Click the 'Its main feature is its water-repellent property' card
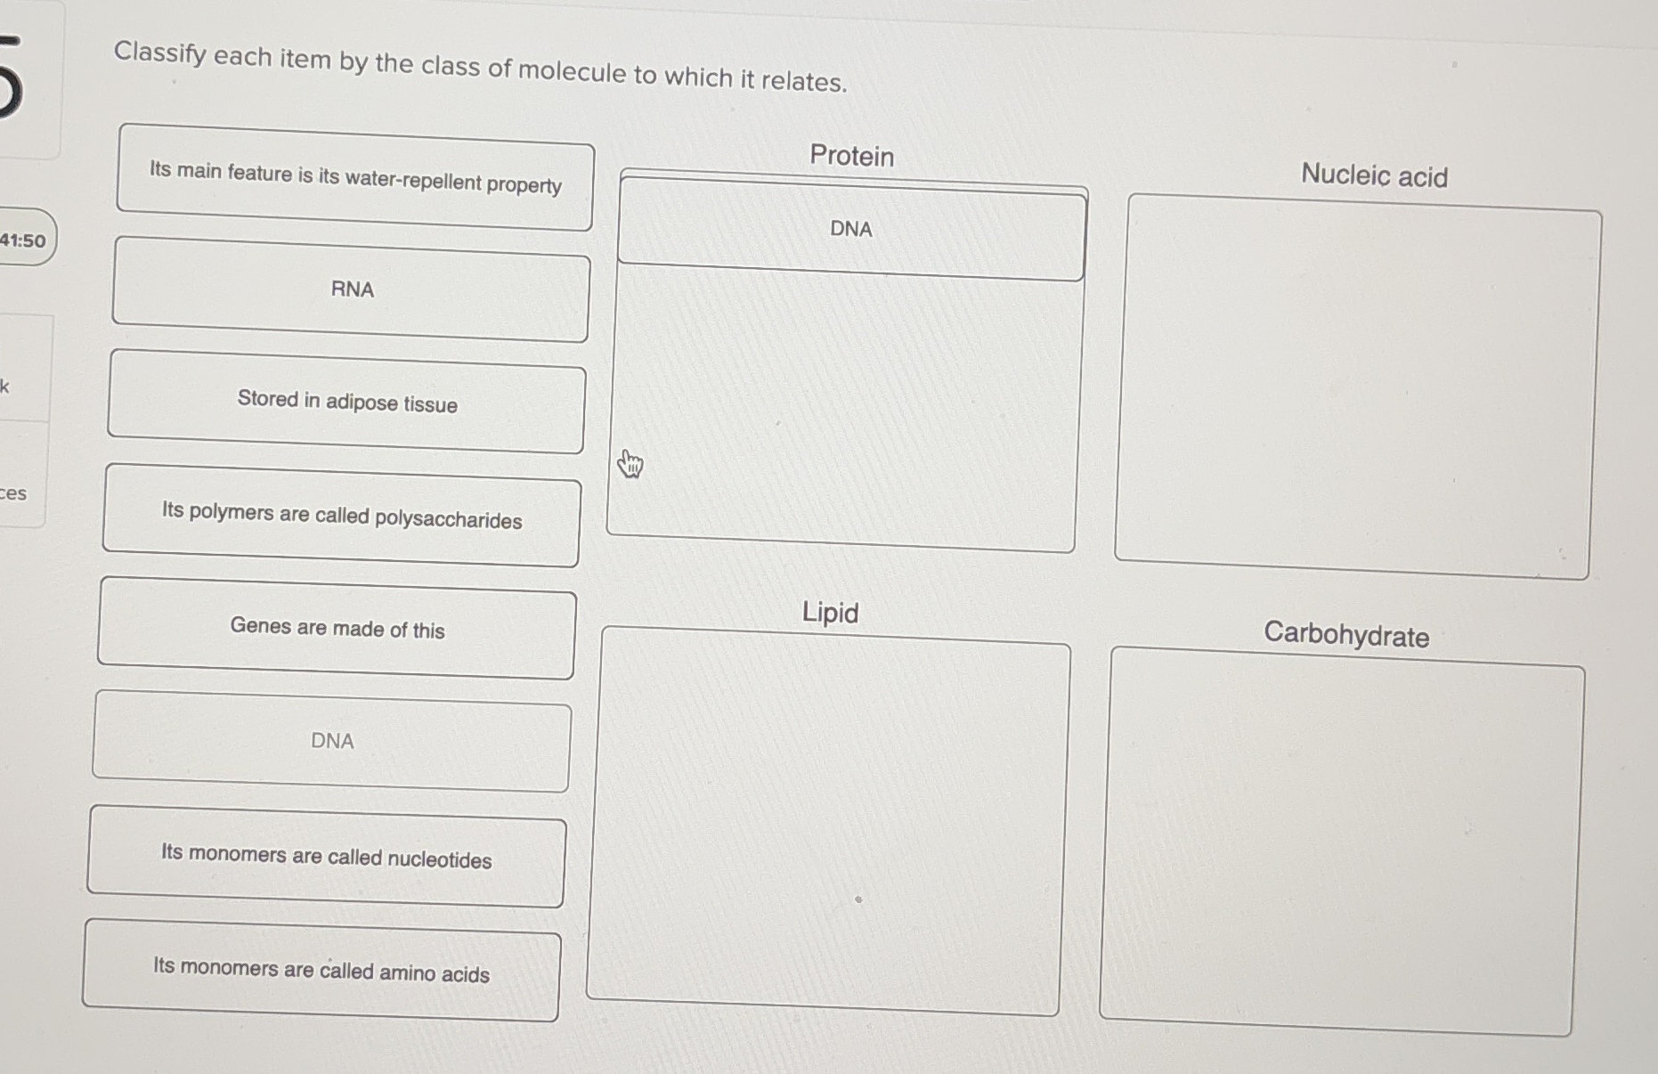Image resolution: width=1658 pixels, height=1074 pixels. point(354,177)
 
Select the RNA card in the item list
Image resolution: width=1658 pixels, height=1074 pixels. point(351,289)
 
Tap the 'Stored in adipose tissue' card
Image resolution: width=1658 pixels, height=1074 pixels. point(346,402)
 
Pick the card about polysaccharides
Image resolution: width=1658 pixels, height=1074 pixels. point(342,516)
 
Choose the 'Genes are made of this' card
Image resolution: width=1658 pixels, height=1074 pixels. point(337,628)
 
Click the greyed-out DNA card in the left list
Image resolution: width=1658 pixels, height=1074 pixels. point(331,741)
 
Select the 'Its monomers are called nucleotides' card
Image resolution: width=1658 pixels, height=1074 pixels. point(326,856)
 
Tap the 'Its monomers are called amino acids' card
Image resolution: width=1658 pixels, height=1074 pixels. point(321,970)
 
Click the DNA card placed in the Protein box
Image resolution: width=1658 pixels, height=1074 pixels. point(851,229)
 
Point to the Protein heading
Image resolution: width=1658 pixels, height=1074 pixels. point(851,156)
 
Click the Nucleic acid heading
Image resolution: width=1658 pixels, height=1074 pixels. point(1374,175)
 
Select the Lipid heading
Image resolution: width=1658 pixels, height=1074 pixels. point(830,613)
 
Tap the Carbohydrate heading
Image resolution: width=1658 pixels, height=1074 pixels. point(1346,635)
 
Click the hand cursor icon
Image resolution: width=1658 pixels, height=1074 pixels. point(630,463)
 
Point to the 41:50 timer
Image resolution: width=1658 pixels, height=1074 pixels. point(23,240)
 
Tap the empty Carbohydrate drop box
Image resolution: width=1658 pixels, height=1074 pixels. point(1341,842)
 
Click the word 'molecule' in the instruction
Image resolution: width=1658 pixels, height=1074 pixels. point(573,71)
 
